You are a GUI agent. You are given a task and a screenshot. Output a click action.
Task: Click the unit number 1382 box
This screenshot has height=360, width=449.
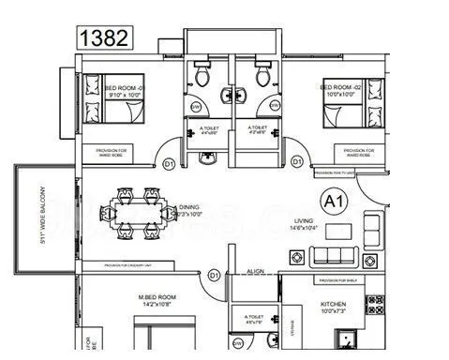103,38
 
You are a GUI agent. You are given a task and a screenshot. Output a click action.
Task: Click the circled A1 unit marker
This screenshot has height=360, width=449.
333,201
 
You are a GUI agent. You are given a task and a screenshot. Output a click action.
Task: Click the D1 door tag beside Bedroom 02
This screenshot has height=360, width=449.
297,161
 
